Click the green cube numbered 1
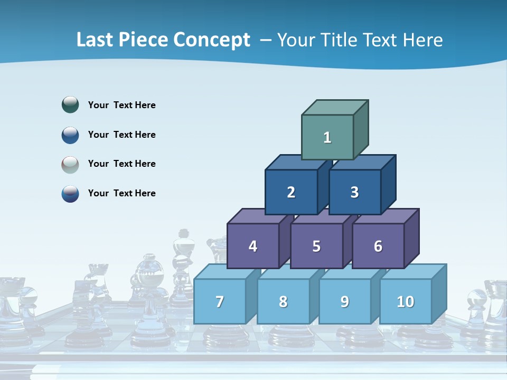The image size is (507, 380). point(327,137)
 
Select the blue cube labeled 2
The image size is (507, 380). point(291,192)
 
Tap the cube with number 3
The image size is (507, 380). point(354,192)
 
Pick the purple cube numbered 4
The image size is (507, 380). point(253,246)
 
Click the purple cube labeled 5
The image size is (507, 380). point(316,246)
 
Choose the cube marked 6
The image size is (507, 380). point(378,246)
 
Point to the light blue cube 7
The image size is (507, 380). point(220,301)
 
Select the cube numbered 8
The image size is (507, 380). point(283,301)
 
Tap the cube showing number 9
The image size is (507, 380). point(345,301)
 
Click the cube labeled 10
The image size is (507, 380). point(406,301)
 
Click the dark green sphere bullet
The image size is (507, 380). point(70,104)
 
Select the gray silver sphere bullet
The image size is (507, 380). point(70,164)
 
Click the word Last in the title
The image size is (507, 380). point(95,40)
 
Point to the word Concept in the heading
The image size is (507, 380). point(213,40)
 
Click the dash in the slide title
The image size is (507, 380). point(266,40)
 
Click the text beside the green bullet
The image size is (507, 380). point(122,105)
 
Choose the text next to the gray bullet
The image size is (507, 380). point(122,164)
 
